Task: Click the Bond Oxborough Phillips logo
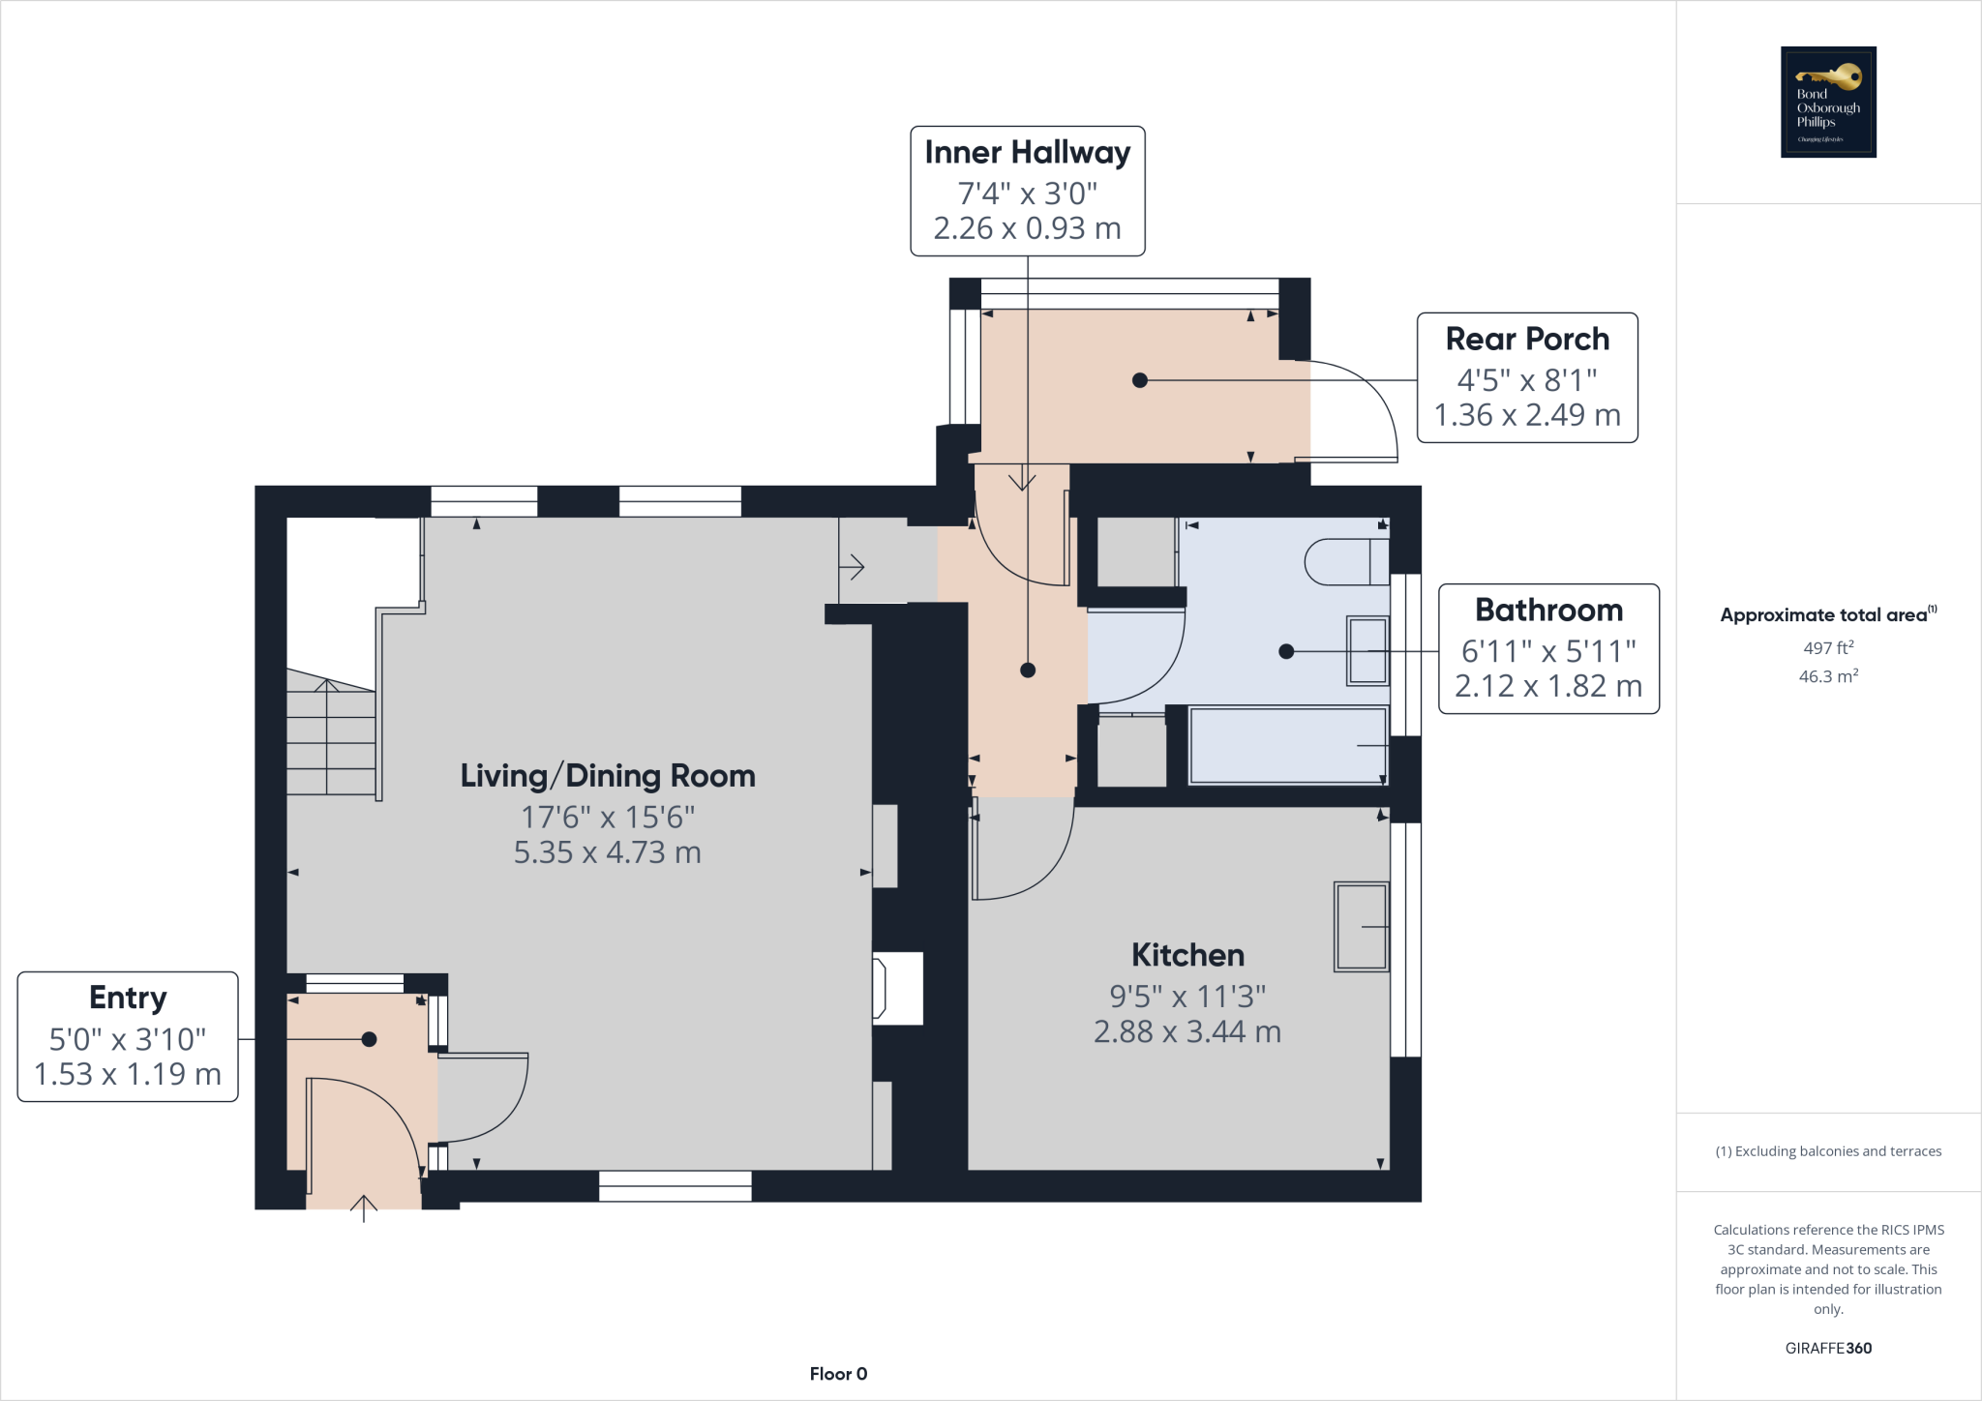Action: [1828, 102]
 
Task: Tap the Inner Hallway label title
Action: [1027, 153]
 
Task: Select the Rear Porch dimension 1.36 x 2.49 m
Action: [1526, 415]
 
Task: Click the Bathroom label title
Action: [1548, 611]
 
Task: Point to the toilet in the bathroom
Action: [1346, 562]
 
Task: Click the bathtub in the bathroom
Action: [1287, 746]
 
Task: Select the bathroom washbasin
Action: [1367, 651]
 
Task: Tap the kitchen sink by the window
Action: [1361, 926]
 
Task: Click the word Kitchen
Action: [1187, 955]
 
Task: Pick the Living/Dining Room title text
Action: [607, 776]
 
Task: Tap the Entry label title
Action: [128, 998]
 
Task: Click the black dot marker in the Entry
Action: [369, 1039]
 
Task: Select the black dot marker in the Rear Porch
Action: [1140, 380]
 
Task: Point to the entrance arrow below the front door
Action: [363, 1207]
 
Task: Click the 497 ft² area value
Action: [1828, 648]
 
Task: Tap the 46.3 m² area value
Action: [1828, 676]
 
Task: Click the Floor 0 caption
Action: [838, 1374]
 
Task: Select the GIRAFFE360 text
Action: [1828, 1348]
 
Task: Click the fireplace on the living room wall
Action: [897, 988]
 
